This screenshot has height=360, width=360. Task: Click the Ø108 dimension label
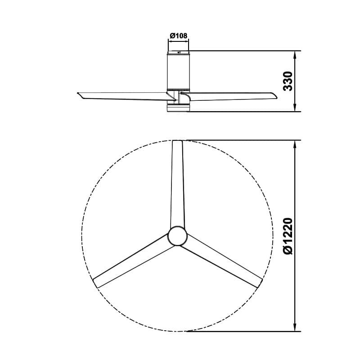179,36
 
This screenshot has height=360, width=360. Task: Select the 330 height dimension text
288,81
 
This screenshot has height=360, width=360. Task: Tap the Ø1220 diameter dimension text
288,236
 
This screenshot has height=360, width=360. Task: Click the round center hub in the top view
178,236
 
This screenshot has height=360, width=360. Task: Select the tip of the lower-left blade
95,283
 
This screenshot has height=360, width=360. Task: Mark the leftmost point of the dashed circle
82,236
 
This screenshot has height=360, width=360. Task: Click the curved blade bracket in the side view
183,96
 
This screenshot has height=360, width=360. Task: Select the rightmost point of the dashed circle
273,236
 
